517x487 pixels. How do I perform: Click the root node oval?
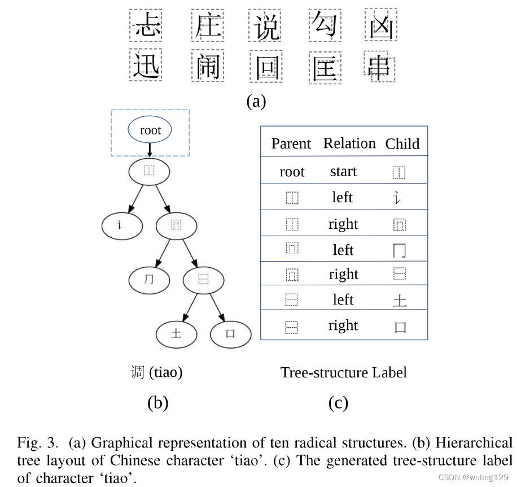150,131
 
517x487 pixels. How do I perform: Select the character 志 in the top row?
146,25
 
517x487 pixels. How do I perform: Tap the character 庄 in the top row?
207,25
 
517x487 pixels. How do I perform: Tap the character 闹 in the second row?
207,67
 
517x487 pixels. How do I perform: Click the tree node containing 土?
176,333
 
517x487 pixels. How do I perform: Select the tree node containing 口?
230,333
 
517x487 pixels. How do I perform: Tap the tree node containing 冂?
149,280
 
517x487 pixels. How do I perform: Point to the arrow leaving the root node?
150,150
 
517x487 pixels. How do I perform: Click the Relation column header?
349,144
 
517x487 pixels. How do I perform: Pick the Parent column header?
291,144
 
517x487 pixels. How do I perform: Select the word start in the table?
343,171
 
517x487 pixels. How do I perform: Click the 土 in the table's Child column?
400,300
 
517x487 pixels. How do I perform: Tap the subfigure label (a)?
256,102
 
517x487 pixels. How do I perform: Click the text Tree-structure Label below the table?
343,372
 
